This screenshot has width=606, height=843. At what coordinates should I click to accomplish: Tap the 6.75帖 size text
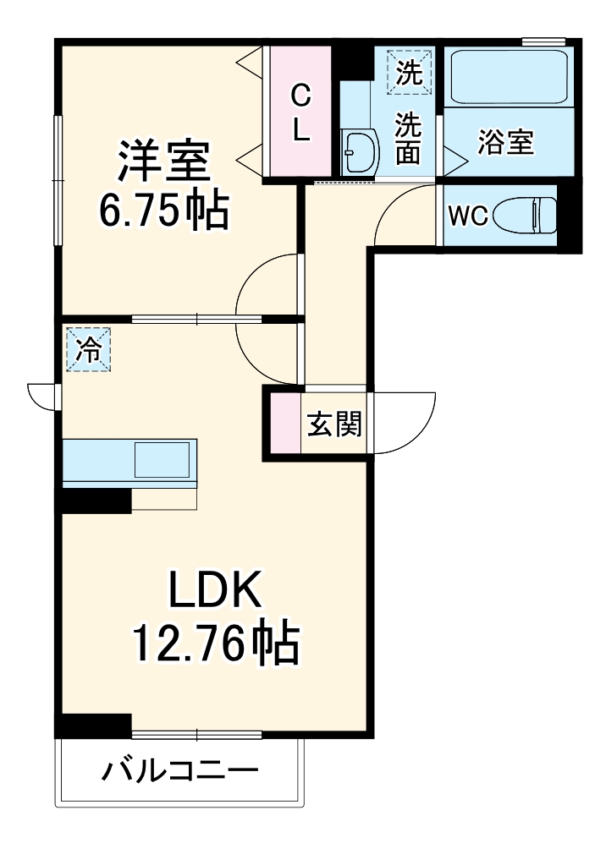point(163,211)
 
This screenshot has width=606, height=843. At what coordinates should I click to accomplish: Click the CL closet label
point(301,114)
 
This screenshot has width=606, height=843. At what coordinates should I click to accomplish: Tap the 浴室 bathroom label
point(505,142)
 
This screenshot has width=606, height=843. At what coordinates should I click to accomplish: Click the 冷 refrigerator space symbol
point(88,348)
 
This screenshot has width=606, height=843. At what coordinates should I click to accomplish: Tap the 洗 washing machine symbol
point(409,71)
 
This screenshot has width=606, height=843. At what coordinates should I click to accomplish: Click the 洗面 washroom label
point(409,138)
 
